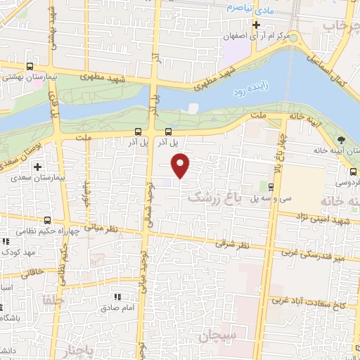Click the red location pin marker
[x=181, y=165]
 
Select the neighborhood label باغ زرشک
[x=214, y=200]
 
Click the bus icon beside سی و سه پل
[x=271, y=186]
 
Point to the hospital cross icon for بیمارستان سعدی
[x=37, y=167]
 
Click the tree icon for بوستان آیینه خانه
[x=341, y=139]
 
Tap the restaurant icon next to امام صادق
[x=117, y=297]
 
